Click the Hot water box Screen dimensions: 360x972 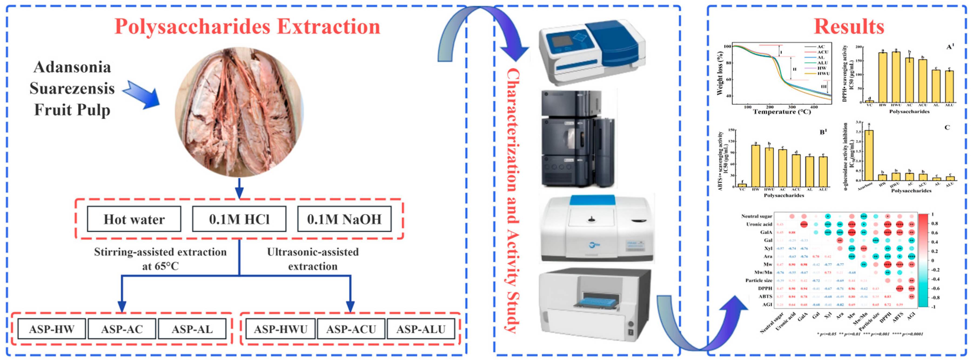click(134, 219)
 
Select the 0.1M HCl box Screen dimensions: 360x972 click(239, 219)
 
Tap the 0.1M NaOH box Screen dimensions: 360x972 click(344, 219)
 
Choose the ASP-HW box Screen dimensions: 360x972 click(52, 329)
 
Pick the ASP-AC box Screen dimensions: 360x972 click(122, 329)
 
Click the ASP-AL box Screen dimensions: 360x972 click(192, 329)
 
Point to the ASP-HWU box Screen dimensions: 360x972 click(281, 329)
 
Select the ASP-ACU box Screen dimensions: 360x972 click(351, 329)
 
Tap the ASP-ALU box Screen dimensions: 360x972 click(421, 329)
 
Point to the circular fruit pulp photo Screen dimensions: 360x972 click(239, 112)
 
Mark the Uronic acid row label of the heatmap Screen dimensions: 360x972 click(759, 224)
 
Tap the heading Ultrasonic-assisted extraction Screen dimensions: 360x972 click(313, 259)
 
